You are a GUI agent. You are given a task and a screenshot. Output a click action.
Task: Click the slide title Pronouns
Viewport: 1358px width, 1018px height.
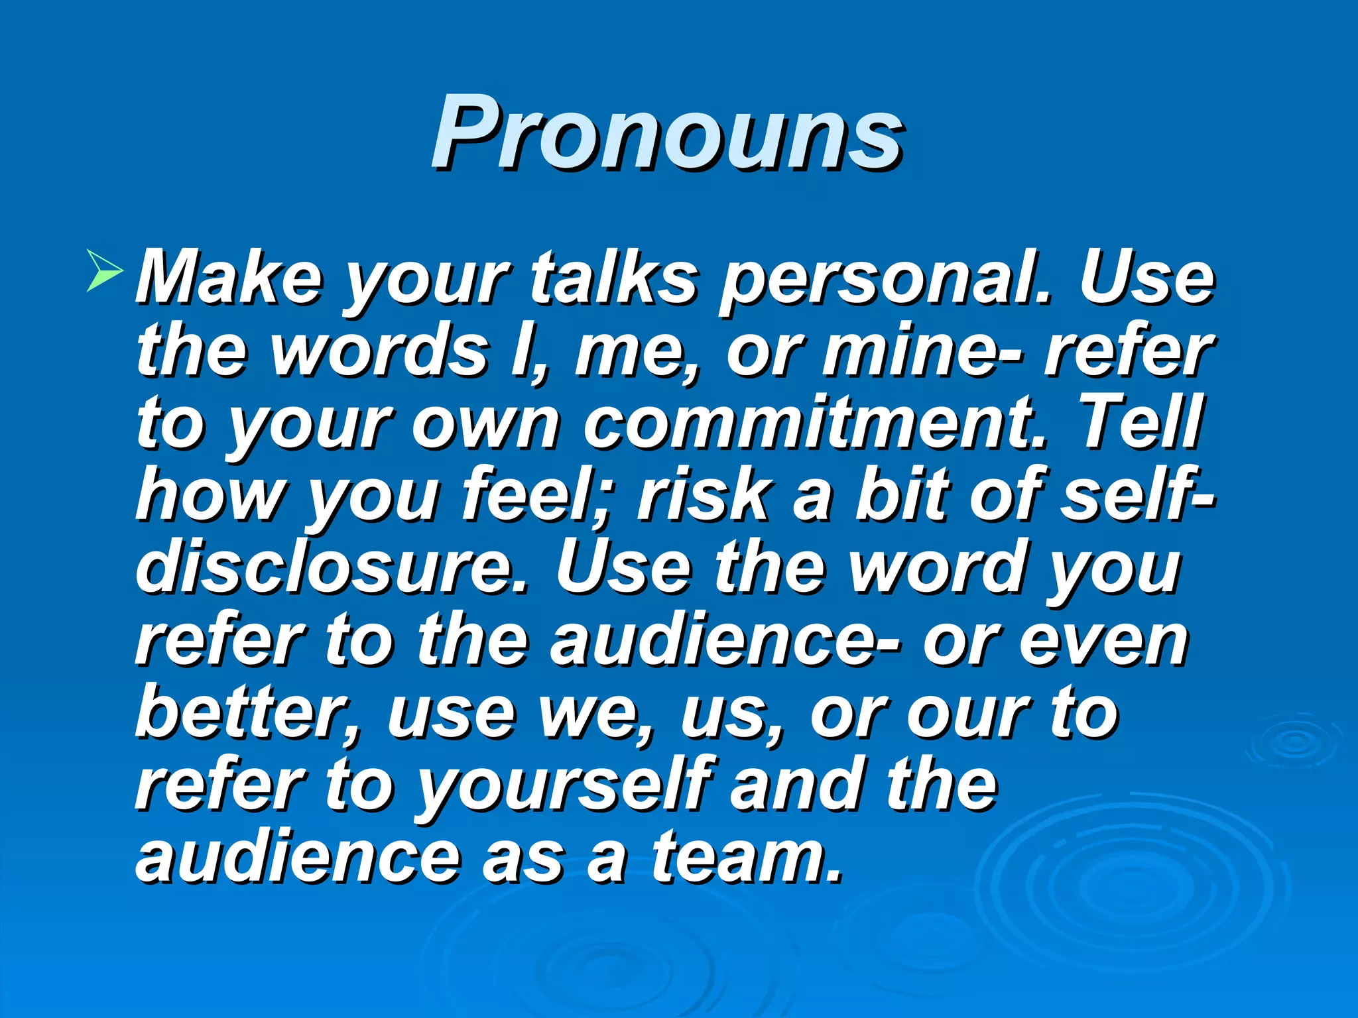(x=666, y=133)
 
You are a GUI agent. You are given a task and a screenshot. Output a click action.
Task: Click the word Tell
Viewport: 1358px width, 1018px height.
(x=1141, y=422)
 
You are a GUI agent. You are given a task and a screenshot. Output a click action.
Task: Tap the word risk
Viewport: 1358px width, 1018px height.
(x=703, y=494)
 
